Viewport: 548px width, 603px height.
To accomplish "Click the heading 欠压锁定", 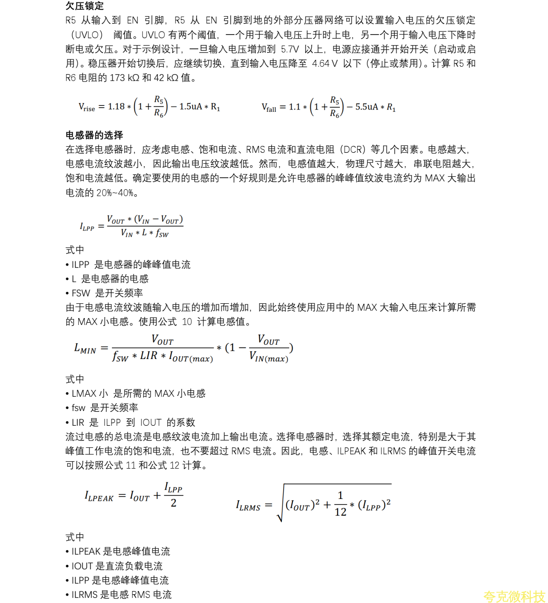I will (85, 6).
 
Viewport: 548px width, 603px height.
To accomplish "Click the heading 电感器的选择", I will (94, 135).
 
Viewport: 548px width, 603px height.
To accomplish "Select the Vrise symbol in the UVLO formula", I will (87, 107).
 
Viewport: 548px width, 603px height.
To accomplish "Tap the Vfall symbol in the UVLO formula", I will (269, 108).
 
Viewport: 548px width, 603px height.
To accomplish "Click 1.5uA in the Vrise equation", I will (191, 107).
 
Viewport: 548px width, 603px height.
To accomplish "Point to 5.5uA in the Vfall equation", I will (367, 107).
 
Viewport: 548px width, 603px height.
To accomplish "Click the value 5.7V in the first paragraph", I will (290, 49).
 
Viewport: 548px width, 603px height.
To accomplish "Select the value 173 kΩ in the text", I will (124, 78).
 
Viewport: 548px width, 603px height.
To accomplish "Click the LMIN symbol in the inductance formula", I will (85, 348).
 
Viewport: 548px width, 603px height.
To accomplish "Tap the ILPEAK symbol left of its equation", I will (99, 496).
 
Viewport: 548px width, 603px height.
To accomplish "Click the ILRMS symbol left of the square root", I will (248, 506).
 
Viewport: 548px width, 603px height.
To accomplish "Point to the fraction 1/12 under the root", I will (340, 504).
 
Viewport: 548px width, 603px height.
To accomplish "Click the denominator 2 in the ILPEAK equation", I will (174, 503).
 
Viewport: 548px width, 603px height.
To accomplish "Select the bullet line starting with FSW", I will (107, 293).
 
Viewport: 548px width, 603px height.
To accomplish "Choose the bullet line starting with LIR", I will (133, 422).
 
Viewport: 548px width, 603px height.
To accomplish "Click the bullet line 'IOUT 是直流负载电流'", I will (117, 566).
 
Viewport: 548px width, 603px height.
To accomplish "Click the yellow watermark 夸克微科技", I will (514, 597).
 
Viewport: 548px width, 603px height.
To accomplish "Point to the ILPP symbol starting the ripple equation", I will (87, 227).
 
